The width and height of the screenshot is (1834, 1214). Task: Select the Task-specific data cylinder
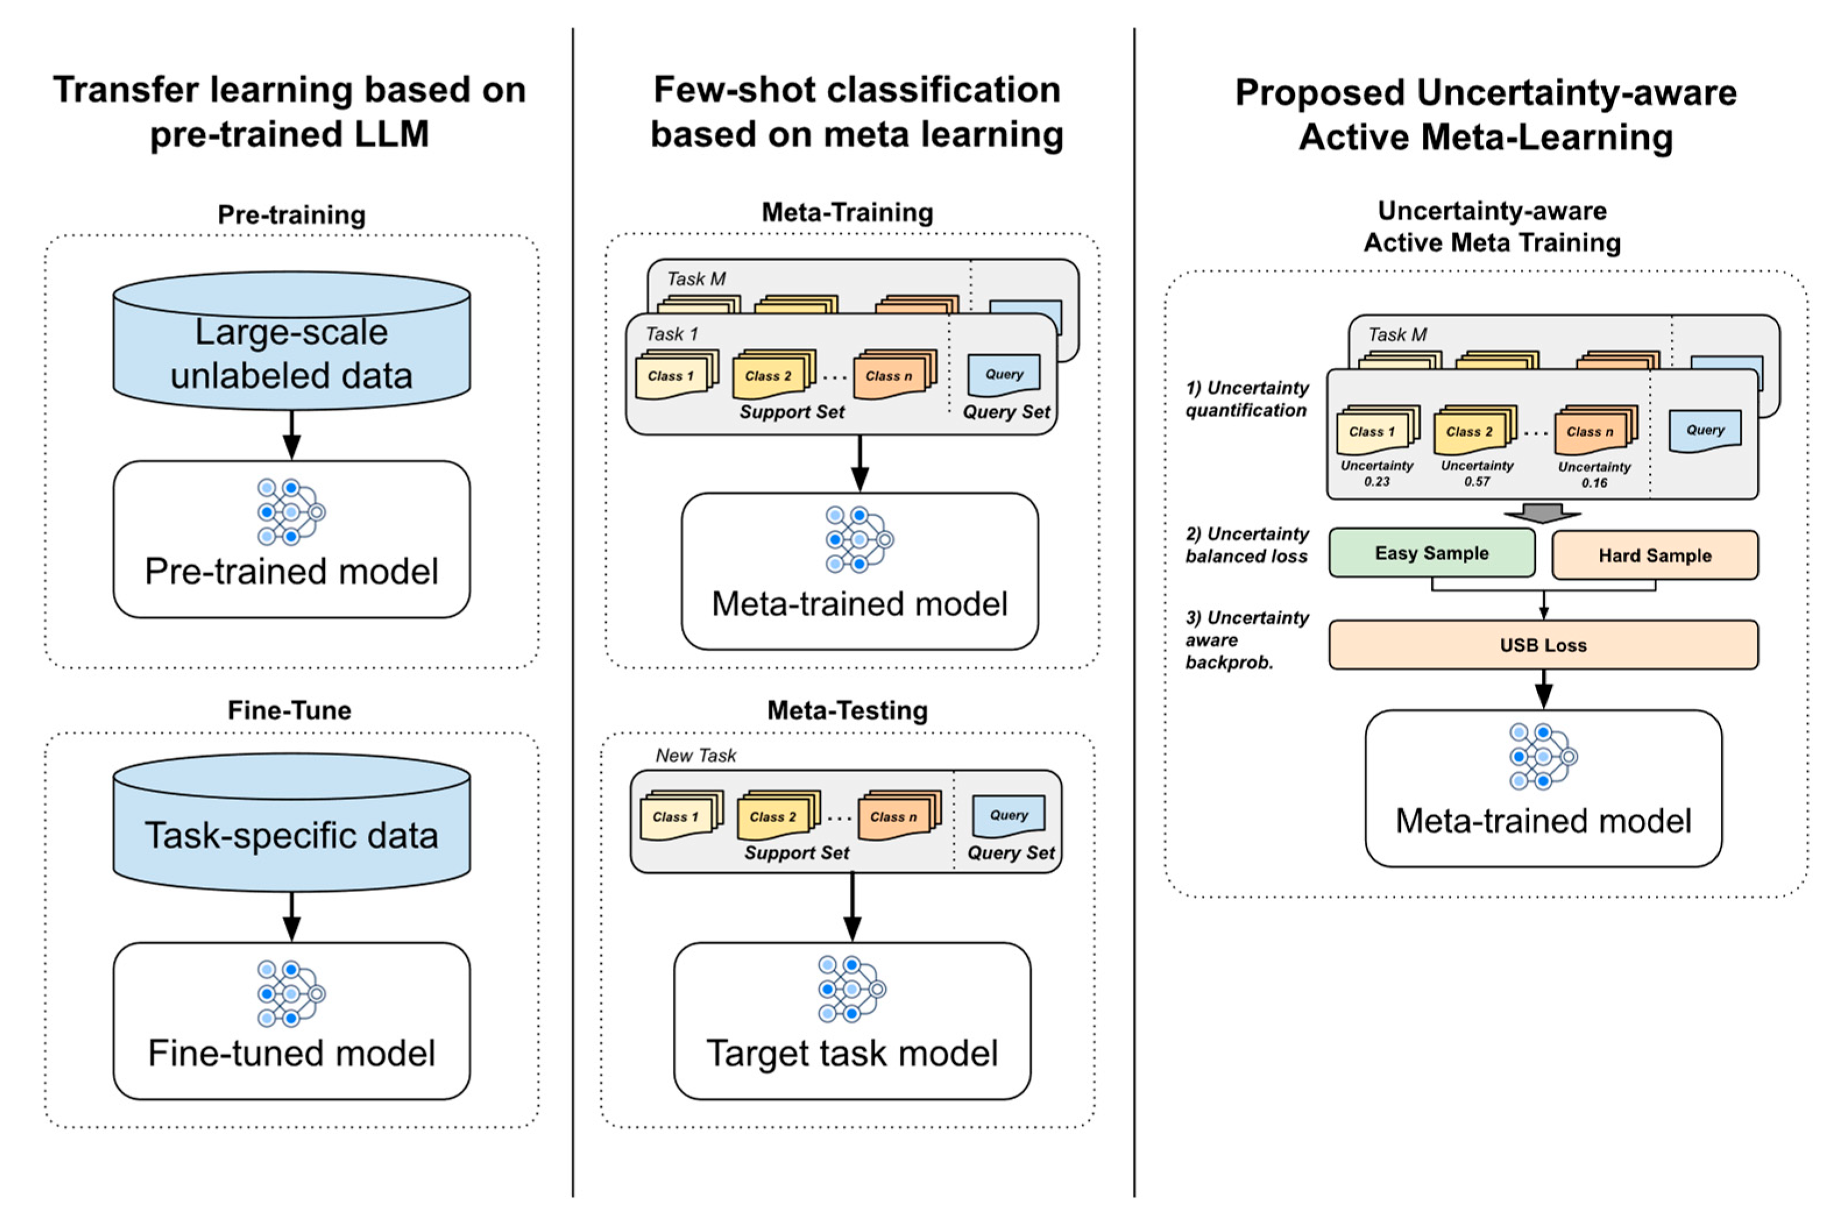click(291, 824)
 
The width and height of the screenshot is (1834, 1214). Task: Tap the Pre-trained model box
click(291, 539)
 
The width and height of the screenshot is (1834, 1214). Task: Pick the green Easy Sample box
click(1431, 553)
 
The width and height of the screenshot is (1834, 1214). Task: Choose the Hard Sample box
click(1654, 555)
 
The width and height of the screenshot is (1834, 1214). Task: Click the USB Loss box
click(1543, 645)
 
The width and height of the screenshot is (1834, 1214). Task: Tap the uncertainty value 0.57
click(1476, 481)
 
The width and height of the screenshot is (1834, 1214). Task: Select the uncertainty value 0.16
click(1594, 483)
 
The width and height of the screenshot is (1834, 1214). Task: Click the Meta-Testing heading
click(847, 710)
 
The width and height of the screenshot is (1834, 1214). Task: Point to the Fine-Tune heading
click(289, 710)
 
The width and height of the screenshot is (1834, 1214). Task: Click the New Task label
click(695, 755)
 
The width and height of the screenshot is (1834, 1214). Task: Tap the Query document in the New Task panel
click(1008, 816)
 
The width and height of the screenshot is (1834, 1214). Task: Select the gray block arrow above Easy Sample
click(1542, 513)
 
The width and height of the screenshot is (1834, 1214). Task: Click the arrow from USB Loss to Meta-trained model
click(1543, 689)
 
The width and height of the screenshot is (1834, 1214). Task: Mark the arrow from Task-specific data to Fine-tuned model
click(291, 917)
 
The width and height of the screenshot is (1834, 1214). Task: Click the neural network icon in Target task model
click(852, 989)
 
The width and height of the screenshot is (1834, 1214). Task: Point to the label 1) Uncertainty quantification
click(1246, 399)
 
